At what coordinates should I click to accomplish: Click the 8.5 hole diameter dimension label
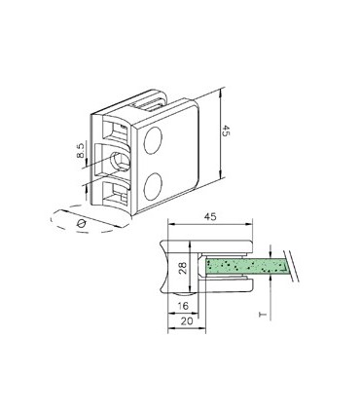pos(81,150)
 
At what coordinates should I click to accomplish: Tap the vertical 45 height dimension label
pos(226,131)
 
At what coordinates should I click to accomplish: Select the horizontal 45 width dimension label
pos(210,217)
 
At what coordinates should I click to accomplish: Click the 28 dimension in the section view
pos(183,269)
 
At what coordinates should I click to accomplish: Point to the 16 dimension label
pos(183,306)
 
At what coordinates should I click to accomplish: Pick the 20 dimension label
pos(187,321)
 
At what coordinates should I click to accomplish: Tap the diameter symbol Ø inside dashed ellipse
pos(81,224)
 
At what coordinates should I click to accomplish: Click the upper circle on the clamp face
pos(153,140)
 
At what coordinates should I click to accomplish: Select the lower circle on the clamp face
pos(153,186)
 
